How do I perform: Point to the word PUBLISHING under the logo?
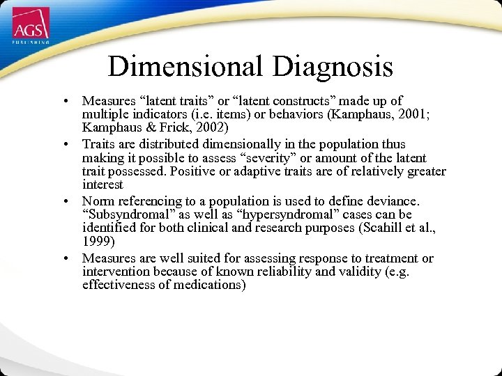coord(31,42)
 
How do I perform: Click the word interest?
coord(102,185)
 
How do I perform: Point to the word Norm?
coord(97,201)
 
